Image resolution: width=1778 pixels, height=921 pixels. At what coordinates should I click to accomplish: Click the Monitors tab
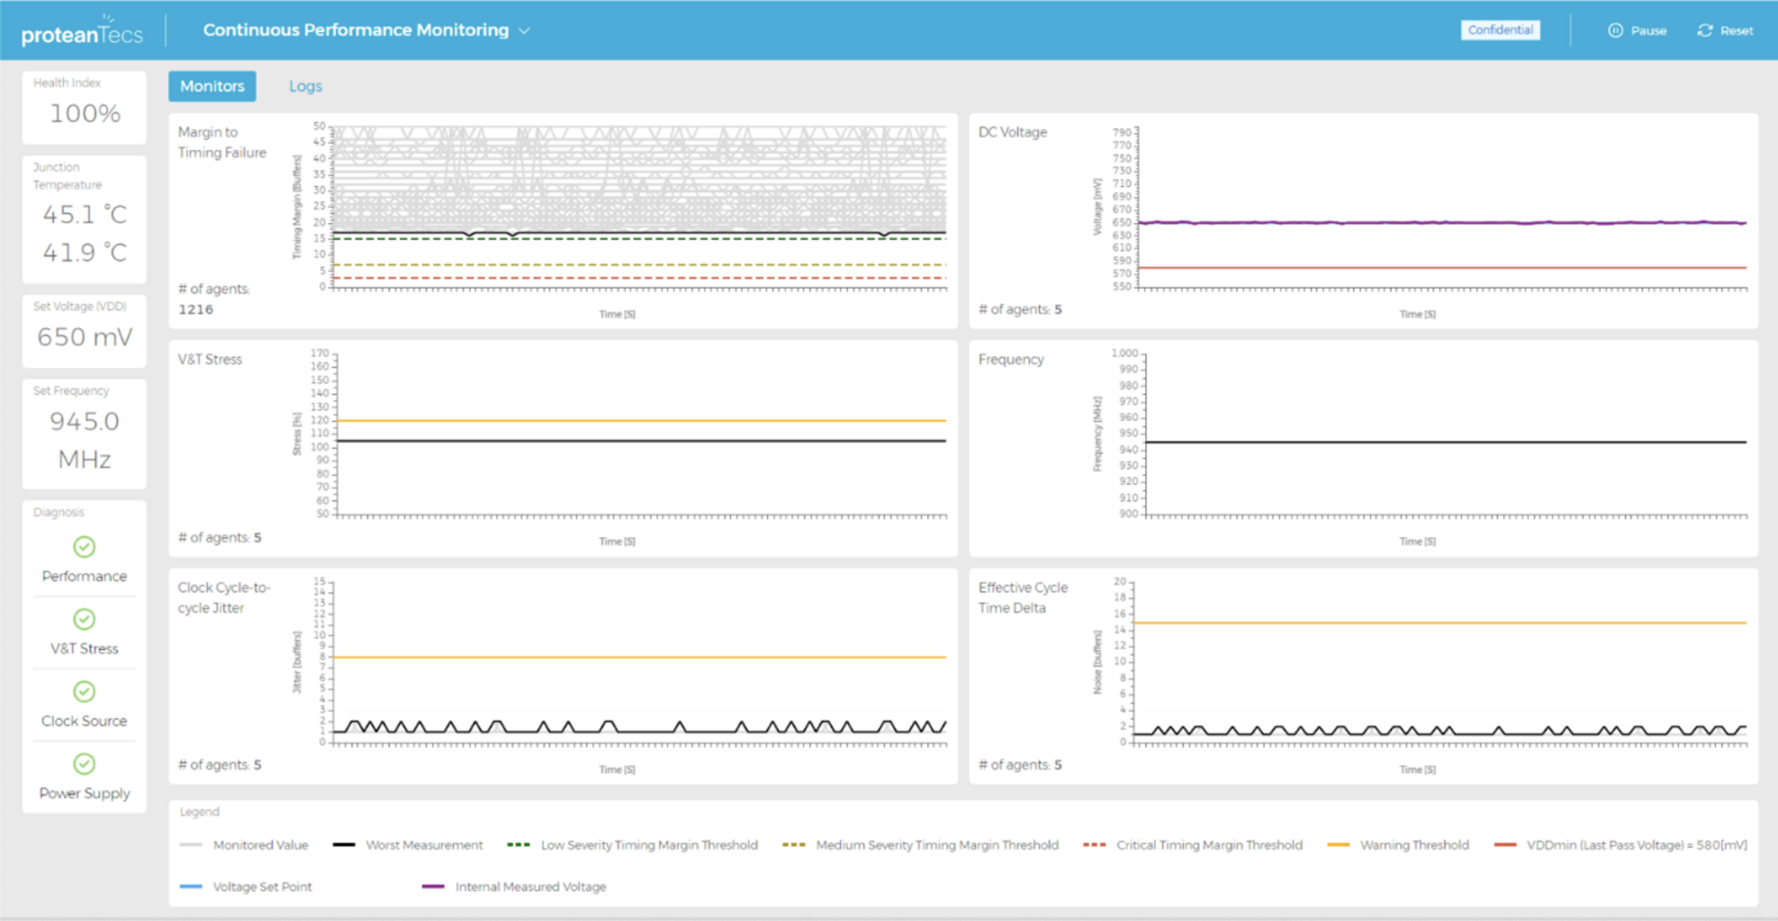pos(212,86)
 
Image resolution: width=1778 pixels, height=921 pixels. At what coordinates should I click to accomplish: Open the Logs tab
pos(306,86)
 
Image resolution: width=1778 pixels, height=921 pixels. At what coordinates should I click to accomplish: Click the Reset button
pos(1725,31)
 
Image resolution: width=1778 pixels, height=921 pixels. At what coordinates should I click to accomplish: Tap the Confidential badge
pos(1500,30)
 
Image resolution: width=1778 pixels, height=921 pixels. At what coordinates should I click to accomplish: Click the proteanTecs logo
pos(82,31)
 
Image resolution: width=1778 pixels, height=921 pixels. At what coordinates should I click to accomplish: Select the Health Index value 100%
pos(85,113)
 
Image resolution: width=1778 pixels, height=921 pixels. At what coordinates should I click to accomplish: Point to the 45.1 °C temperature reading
pos(85,215)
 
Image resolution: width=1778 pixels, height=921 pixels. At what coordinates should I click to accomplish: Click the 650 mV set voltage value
pos(85,337)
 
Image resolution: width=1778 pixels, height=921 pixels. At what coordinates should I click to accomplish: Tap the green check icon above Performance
pos(84,547)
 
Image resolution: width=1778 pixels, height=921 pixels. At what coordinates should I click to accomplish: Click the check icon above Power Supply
pos(84,764)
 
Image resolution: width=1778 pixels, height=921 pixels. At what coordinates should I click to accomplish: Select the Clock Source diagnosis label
pos(84,721)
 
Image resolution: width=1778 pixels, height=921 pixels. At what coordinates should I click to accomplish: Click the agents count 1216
pos(196,310)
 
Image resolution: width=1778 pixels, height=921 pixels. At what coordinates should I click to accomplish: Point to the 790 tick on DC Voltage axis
pos(1122,132)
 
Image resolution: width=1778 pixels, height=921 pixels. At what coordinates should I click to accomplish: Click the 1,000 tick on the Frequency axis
pos(1124,353)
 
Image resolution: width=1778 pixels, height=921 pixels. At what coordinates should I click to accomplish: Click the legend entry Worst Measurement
pos(424,845)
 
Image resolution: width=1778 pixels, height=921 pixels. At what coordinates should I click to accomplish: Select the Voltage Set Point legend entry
pos(262,887)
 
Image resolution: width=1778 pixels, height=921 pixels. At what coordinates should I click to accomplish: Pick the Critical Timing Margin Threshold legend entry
pos(1208,845)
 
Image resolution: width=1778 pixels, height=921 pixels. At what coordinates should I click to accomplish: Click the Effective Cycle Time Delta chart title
pos(1022,597)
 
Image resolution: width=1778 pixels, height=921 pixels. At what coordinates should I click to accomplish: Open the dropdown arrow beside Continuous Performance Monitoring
pos(524,31)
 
